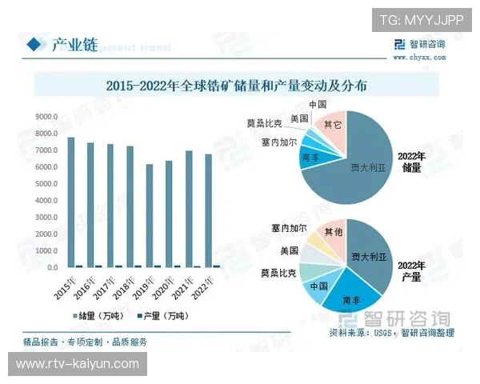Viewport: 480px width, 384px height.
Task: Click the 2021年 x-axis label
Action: [x=189, y=286]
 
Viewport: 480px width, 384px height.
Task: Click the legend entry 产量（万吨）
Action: [x=169, y=315]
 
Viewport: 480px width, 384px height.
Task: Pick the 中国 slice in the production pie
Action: [x=318, y=286]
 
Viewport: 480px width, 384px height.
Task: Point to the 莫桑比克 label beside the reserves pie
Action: [x=264, y=124]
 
